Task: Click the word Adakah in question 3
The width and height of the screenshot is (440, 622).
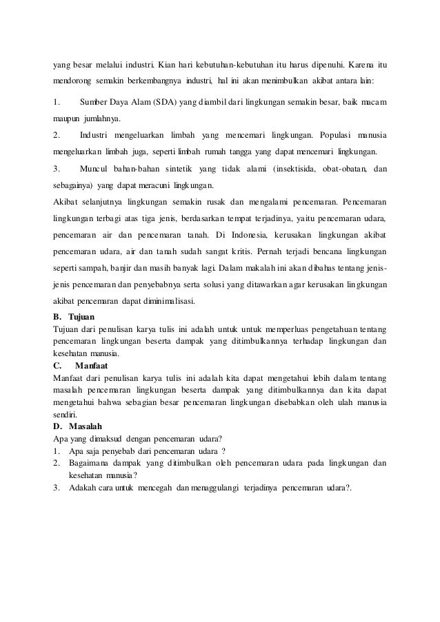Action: point(85,488)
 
